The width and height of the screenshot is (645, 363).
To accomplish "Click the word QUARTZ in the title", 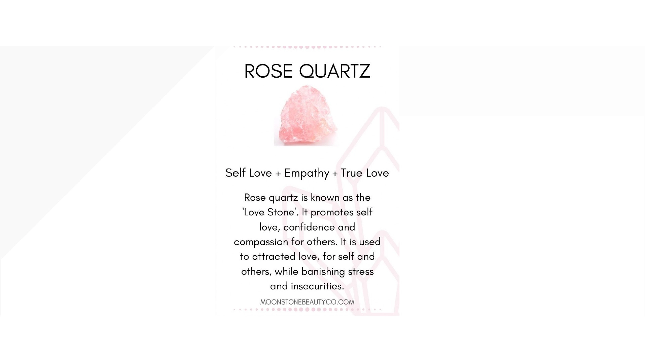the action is coord(335,71).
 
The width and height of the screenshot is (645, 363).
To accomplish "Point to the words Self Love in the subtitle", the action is coord(249,173).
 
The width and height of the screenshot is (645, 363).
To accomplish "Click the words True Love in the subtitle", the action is coord(365,173).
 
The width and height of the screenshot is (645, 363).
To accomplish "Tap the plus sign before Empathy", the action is coord(278,174).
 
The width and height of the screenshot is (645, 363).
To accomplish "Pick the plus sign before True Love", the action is coord(335,174).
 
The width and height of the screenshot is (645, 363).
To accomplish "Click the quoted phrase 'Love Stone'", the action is coord(270,212).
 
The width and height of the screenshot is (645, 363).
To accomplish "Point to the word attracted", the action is coord(273,257).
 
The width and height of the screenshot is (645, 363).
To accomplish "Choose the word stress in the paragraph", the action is coord(361,272).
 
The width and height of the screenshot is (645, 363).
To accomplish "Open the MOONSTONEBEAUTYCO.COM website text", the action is coord(307,302).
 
